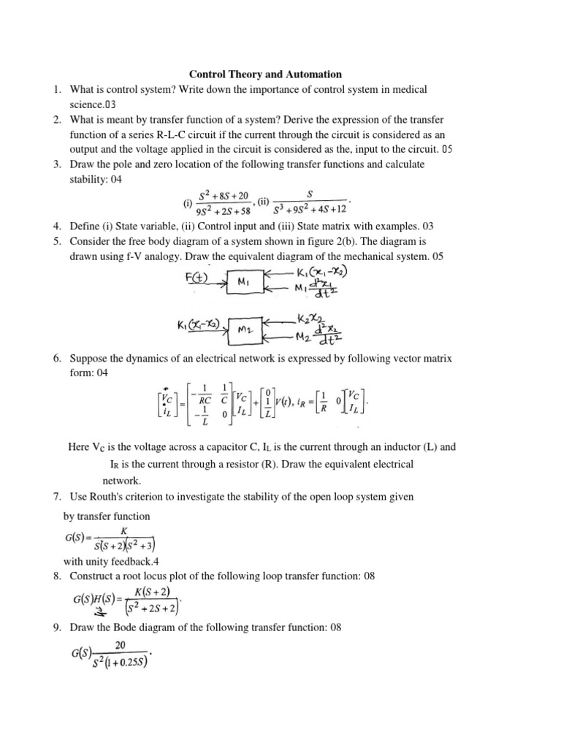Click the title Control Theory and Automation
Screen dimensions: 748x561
point(265,74)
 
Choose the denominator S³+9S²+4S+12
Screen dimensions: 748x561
point(310,210)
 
